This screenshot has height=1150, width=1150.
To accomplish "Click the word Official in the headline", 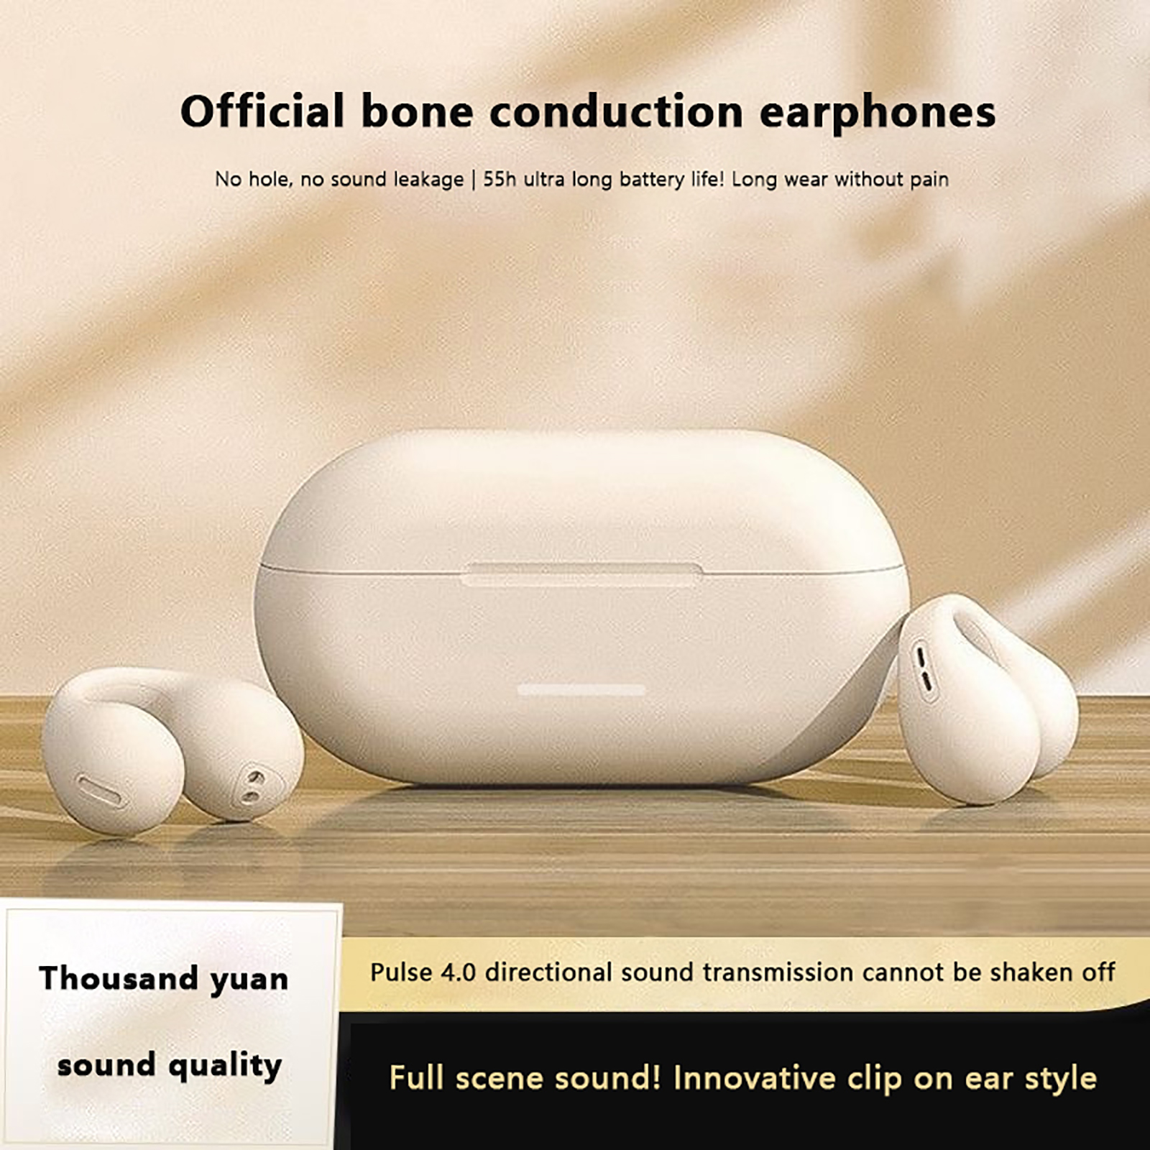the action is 262,111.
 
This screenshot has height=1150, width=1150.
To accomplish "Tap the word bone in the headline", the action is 417,111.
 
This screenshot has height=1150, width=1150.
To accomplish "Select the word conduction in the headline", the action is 616,111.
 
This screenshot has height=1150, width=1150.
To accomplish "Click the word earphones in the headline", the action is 878,113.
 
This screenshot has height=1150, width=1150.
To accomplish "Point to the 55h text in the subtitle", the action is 500,179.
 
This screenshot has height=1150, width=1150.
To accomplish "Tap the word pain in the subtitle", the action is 929,180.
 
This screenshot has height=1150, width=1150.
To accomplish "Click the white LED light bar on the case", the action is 581,690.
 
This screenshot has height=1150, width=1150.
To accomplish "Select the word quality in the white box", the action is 224,1067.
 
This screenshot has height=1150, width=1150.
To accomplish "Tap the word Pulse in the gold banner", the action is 401,972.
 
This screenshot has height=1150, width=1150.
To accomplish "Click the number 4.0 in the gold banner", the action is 458,972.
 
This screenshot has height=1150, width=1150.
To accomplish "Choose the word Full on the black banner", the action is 416,1078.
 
